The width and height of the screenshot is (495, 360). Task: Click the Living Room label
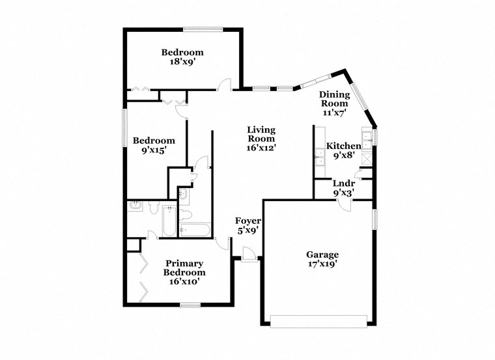pyautogui.click(x=261, y=134)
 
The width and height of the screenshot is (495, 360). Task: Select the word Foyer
pyautogui.click(x=247, y=221)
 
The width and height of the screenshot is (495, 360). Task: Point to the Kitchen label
pyautogui.click(x=343, y=146)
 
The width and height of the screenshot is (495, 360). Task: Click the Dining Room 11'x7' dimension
pyautogui.click(x=334, y=113)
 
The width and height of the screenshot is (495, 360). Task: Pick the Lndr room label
pyautogui.click(x=343, y=184)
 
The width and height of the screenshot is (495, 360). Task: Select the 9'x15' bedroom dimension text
pyautogui.click(x=154, y=150)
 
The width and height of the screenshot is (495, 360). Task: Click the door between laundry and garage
pyautogui.click(x=344, y=204)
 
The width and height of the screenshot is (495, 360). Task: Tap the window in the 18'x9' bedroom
pyautogui.click(x=203, y=29)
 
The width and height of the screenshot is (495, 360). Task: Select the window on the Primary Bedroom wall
pyautogui.click(x=190, y=305)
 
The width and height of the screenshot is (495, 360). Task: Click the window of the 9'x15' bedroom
pyautogui.click(x=125, y=128)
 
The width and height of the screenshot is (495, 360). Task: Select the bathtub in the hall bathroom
pyautogui.click(x=194, y=229)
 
